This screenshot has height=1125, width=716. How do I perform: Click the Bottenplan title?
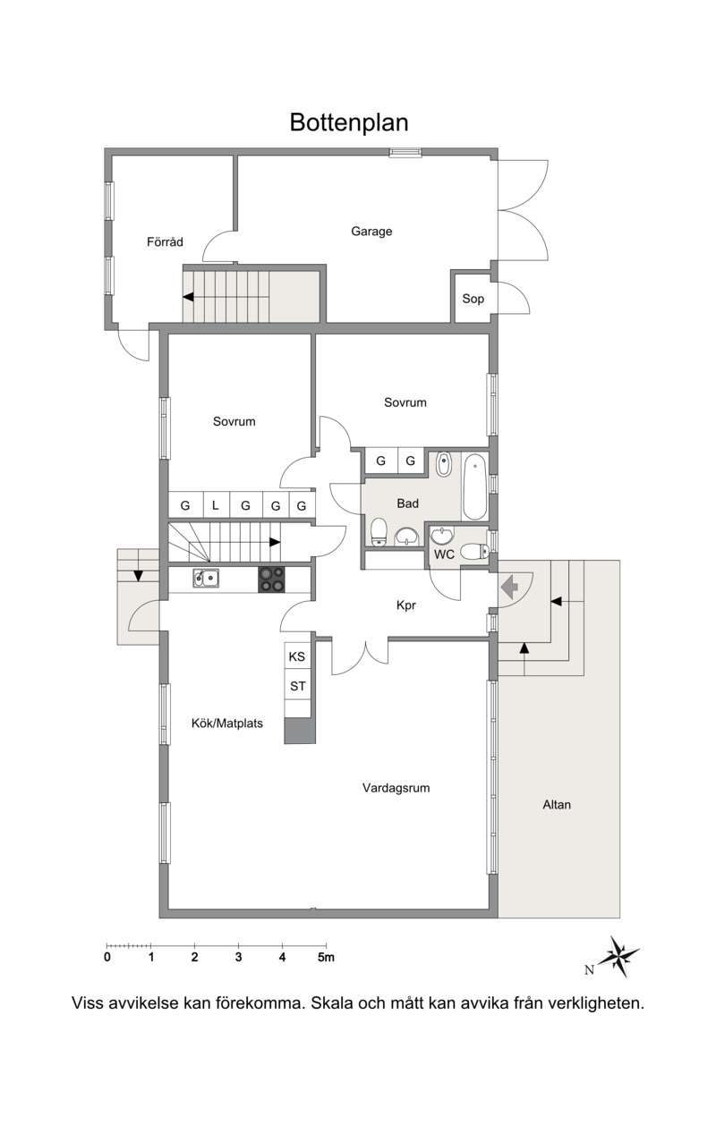[349, 122]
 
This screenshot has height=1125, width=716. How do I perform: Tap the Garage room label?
[371, 232]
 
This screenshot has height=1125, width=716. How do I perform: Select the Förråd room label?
[165, 241]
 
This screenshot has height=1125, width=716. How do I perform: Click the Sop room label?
[473, 299]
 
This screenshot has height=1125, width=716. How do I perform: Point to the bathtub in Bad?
[475, 486]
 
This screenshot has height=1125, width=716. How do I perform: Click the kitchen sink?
[206, 578]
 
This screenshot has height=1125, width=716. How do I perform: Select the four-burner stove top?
[271, 579]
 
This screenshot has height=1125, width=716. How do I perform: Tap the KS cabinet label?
[296, 656]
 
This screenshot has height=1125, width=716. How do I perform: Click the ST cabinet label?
[298, 686]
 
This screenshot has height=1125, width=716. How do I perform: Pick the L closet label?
[216, 505]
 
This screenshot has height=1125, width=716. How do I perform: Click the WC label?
[444, 554]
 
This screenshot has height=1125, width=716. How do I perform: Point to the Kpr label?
[406, 605]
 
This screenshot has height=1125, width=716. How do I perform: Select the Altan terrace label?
[557, 804]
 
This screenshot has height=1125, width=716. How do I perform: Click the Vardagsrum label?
[396, 788]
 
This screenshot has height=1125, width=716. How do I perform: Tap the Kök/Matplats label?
[227, 723]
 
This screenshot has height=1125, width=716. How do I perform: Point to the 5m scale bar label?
[326, 957]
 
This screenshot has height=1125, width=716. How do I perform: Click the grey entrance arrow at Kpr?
[510, 587]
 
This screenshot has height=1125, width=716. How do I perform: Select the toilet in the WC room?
[474, 552]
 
